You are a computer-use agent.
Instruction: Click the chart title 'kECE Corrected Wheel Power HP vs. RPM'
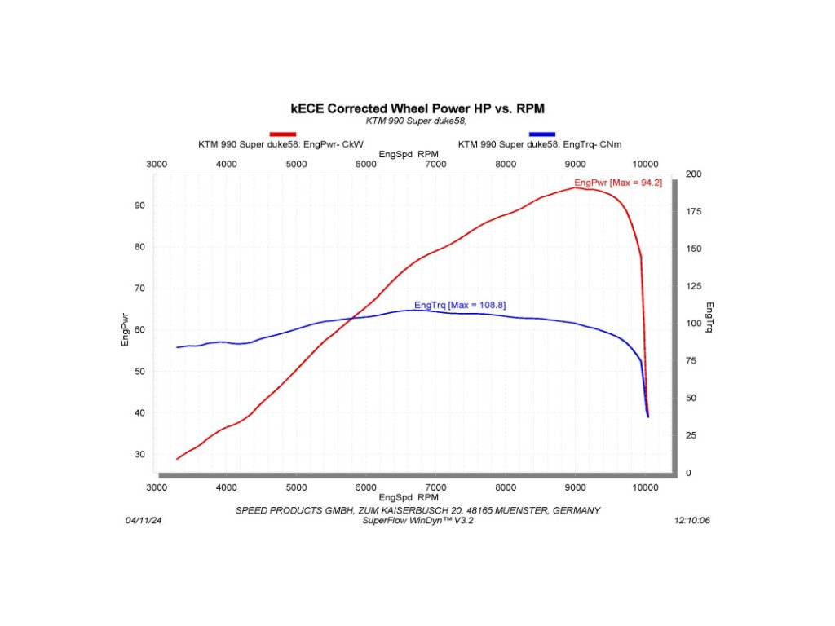point(417,108)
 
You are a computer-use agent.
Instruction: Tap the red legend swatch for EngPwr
point(283,134)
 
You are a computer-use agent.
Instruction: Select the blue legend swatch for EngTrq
point(542,134)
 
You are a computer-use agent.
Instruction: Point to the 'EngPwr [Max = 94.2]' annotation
point(617,183)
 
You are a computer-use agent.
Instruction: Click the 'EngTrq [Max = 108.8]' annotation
point(460,305)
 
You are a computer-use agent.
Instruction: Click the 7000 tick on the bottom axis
point(436,487)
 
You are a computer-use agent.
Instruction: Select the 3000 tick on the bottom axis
point(157,487)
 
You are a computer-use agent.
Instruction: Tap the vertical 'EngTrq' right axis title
point(709,317)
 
